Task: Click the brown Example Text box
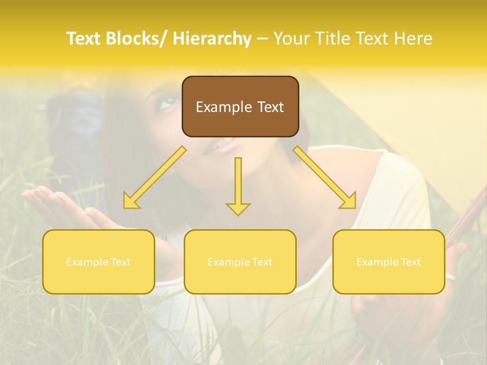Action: (x=240, y=106)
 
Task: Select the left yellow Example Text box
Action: (x=98, y=262)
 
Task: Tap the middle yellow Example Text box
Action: (x=240, y=262)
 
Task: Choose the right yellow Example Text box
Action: (x=389, y=262)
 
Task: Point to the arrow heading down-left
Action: (x=155, y=177)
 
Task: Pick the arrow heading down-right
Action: (x=325, y=177)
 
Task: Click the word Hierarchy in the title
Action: (x=212, y=39)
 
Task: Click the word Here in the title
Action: (x=413, y=39)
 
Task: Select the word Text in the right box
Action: (x=410, y=262)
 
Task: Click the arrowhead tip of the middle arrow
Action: (x=238, y=215)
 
